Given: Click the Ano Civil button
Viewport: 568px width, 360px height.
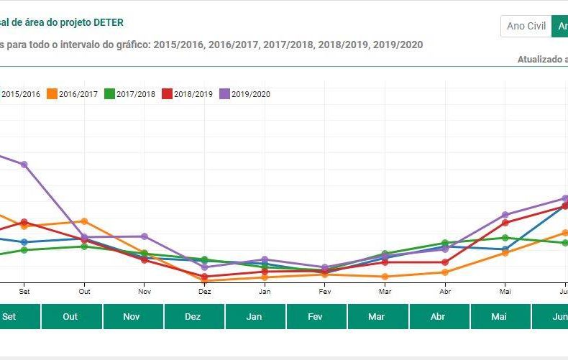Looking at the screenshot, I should [x=526, y=27].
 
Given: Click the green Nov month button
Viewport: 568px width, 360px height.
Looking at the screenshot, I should [x=132, y=316].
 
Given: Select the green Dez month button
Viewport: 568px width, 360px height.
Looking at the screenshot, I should [x=193, y=316].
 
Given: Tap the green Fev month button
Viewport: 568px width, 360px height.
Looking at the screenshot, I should [x=315, y=316].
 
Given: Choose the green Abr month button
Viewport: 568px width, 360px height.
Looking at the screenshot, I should [x=437, y=316].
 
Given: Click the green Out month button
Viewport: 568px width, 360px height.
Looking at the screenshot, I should [x=70, y=316].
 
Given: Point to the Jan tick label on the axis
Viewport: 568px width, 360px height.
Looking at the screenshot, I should [x=265, y=292].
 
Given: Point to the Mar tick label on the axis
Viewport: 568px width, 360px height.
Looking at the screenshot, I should [x=385, y=292].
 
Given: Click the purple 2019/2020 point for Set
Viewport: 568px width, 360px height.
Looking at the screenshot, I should [x=24, y=165].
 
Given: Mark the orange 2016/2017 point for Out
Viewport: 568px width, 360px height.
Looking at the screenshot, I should [x=84, y=221].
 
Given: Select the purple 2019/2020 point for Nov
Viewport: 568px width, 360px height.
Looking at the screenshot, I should [x=145, y=236].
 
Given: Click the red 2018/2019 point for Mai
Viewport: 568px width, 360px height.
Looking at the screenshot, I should [x=505, y=223].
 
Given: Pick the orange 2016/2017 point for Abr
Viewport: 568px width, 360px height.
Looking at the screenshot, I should [x=446, y=272].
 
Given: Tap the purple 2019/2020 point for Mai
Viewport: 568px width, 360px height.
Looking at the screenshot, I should [x=505, y=215].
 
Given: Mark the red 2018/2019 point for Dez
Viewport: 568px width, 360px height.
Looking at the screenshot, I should [x=205, y=277].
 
